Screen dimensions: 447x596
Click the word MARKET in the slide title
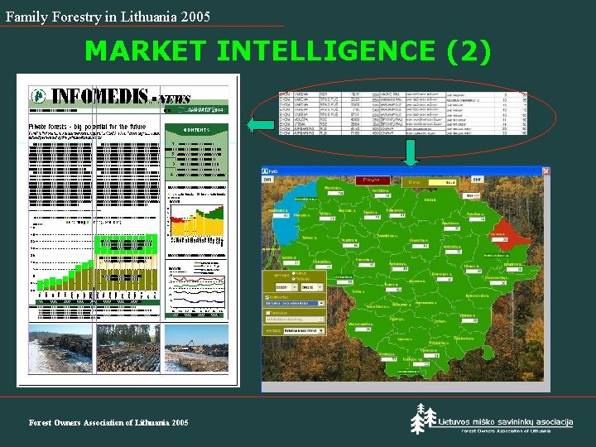(x=145, y=51)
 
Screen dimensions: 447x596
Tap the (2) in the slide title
(x=469, y=51)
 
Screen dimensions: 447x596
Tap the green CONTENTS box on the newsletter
(x=197, y=130)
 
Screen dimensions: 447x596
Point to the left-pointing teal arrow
(x=261, y=125)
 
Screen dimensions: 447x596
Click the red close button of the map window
(x=545, y=171)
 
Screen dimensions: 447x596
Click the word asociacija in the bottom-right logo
(x=546, y=421)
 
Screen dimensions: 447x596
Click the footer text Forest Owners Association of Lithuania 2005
(x=108, y=423)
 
